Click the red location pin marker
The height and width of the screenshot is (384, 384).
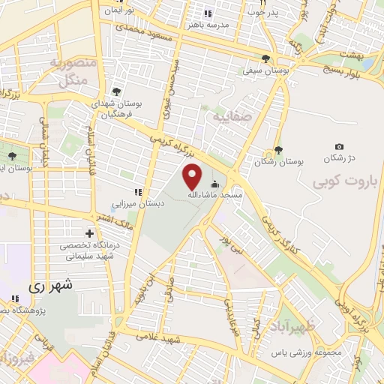(193, 177)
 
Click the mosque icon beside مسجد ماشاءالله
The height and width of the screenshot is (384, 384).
(215, 184)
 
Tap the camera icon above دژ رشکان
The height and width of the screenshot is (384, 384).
(339, 146)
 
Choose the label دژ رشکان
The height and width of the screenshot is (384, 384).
(337, 158)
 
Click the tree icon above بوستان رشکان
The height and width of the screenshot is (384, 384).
(278, 150)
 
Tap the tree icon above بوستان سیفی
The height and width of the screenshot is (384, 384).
(266, 59)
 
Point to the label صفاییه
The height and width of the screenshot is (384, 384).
(228, 118)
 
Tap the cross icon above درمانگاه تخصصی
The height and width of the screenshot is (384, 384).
(91, 233)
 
